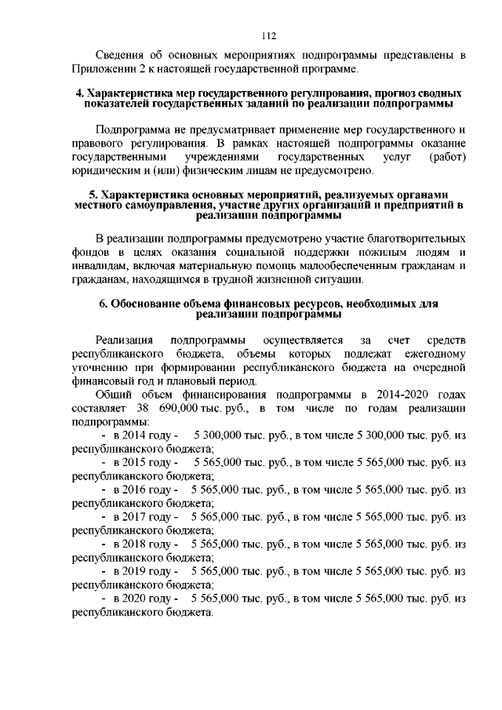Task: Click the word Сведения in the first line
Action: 120,56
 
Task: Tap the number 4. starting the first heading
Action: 79,94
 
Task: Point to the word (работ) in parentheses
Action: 448,156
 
